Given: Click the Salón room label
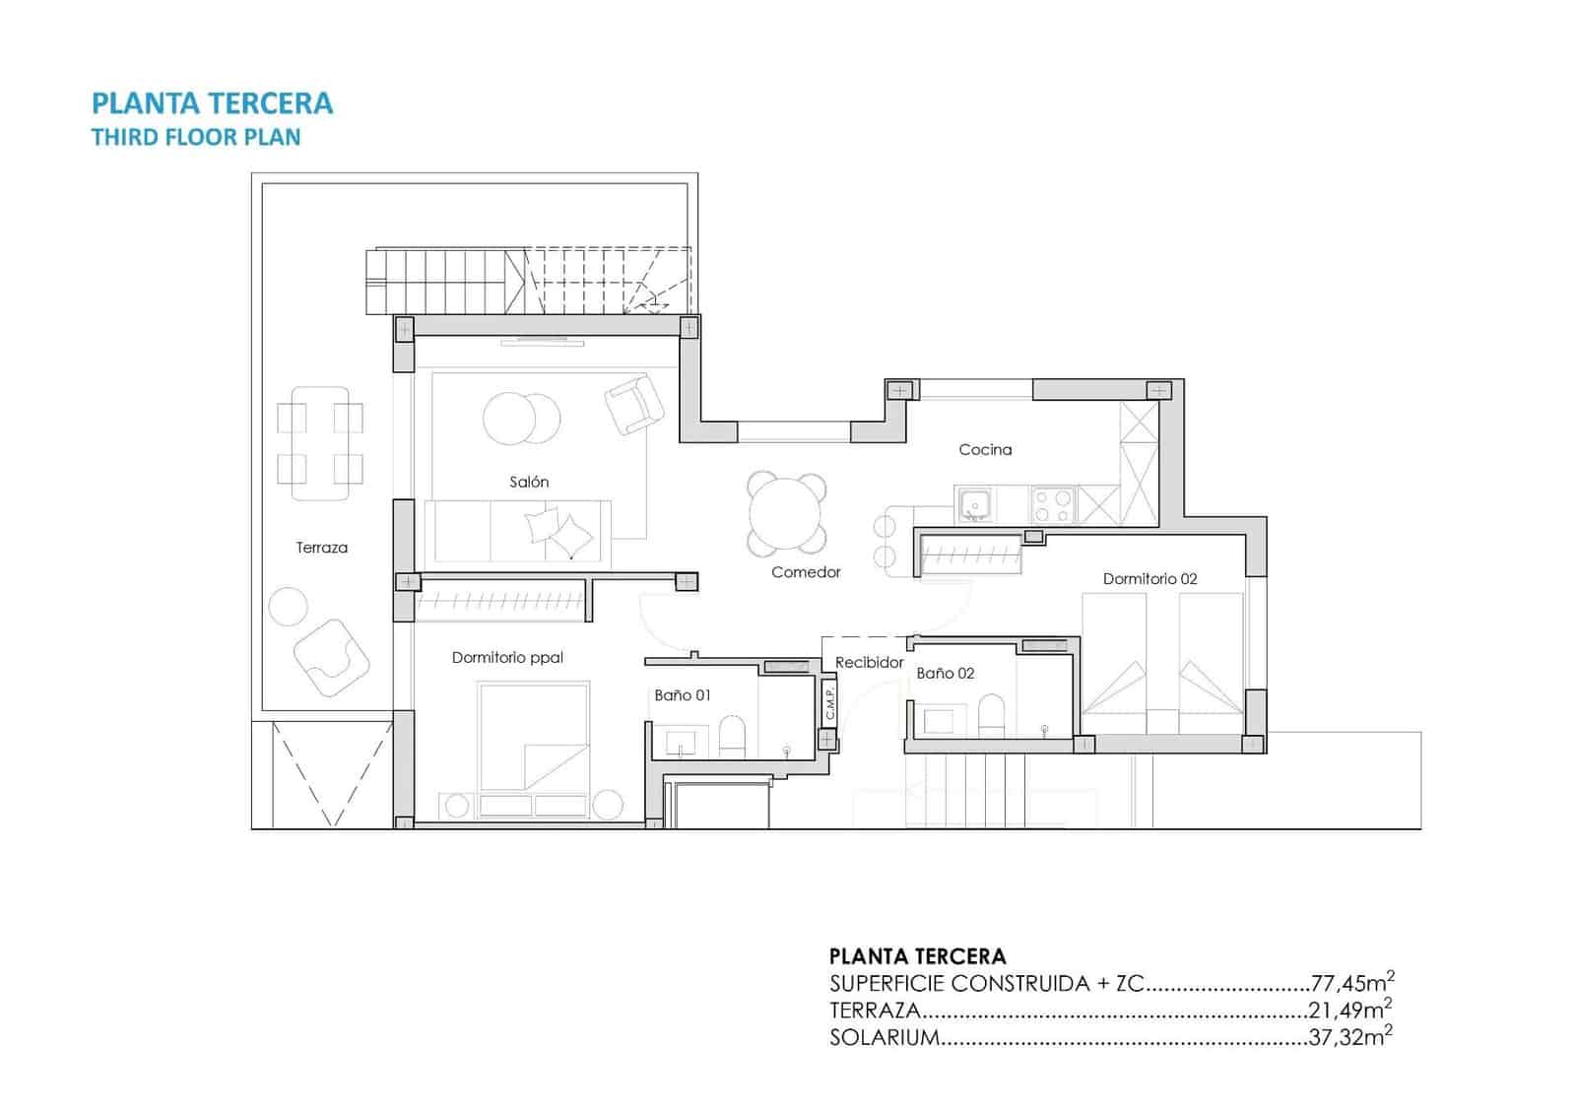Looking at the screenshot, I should pos(529,482).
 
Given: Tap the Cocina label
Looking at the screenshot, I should pos(985,449).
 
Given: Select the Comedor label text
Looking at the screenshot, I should pos(806,571).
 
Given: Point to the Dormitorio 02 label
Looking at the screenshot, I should pos(1149,578).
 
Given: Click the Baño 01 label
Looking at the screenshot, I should pos(682,694).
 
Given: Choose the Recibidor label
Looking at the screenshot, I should pos(869,662).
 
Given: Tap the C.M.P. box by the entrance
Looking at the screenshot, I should pos(829,701).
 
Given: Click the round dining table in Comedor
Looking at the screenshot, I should pos(786,513).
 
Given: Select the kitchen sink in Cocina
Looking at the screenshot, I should pos(975,505).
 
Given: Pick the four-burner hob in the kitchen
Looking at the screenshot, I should pos(1052,505).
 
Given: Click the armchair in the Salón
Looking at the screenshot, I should pos(633,404).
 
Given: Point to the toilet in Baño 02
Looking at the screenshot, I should pos(992,714).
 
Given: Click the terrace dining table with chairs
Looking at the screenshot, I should pos(320,442).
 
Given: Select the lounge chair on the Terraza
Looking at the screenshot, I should pos(330,657).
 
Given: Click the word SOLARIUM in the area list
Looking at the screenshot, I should pos(884,1037).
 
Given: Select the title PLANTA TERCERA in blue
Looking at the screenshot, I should pos(212,103).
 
